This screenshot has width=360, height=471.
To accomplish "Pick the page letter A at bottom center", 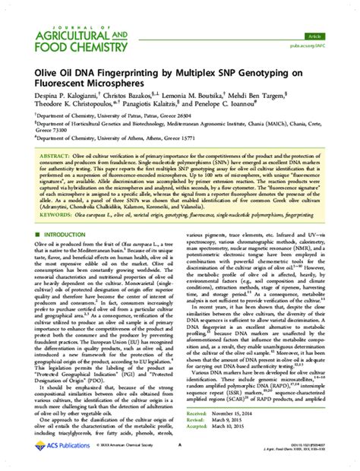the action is [x=179, y=447].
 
